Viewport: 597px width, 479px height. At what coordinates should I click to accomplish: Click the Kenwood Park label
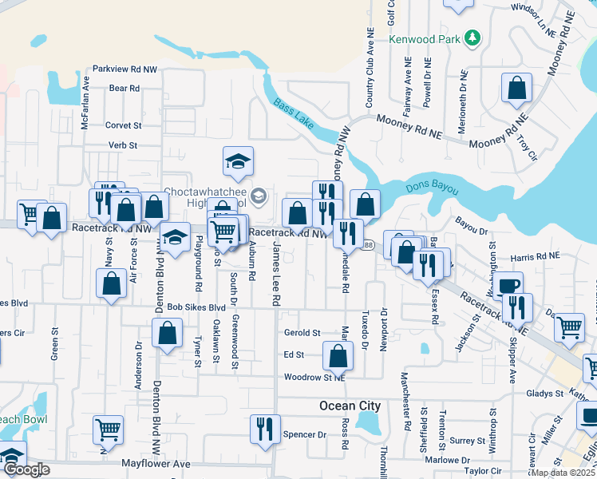425,38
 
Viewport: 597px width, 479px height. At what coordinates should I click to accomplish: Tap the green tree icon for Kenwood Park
472,38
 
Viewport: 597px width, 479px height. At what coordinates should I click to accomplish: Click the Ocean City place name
350,406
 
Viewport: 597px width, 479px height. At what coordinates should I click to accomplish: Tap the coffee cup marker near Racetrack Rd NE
508,286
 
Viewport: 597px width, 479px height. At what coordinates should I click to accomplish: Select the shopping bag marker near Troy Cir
516,88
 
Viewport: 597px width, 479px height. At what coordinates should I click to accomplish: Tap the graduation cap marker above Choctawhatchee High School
238,162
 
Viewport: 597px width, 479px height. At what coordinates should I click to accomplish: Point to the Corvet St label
123,125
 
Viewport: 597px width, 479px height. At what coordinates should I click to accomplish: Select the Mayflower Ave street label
156,463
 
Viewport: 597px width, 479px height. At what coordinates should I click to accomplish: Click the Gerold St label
302,333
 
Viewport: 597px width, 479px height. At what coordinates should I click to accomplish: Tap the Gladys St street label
545,394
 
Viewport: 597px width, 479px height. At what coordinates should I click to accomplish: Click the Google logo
26,469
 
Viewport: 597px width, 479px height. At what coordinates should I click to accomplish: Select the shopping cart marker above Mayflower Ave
108,430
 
